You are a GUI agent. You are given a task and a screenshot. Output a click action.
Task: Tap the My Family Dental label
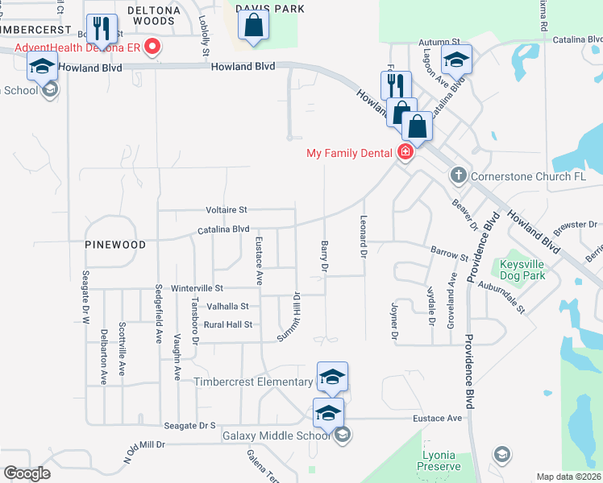tap(351, 153)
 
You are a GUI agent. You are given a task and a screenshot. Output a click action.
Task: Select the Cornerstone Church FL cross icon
tap(458, 175)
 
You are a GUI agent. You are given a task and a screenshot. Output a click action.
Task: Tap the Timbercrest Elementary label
tap(253, 382)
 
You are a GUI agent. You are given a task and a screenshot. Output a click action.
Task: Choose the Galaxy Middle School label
tap(276, 436)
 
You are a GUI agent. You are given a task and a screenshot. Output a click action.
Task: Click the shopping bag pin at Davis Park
tap(253, 27)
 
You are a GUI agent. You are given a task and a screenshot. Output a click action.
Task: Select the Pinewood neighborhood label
tap(116, 244)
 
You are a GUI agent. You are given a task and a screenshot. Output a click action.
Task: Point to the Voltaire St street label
tap(226, 209)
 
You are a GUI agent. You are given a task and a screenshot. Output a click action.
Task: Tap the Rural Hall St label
tap(228, 324)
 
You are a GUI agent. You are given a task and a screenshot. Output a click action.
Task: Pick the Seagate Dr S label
tap(190, 425)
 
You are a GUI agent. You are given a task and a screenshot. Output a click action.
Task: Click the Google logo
tap(27, 473)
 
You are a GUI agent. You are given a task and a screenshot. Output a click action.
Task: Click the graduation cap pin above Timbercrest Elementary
tap(332, 377)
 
